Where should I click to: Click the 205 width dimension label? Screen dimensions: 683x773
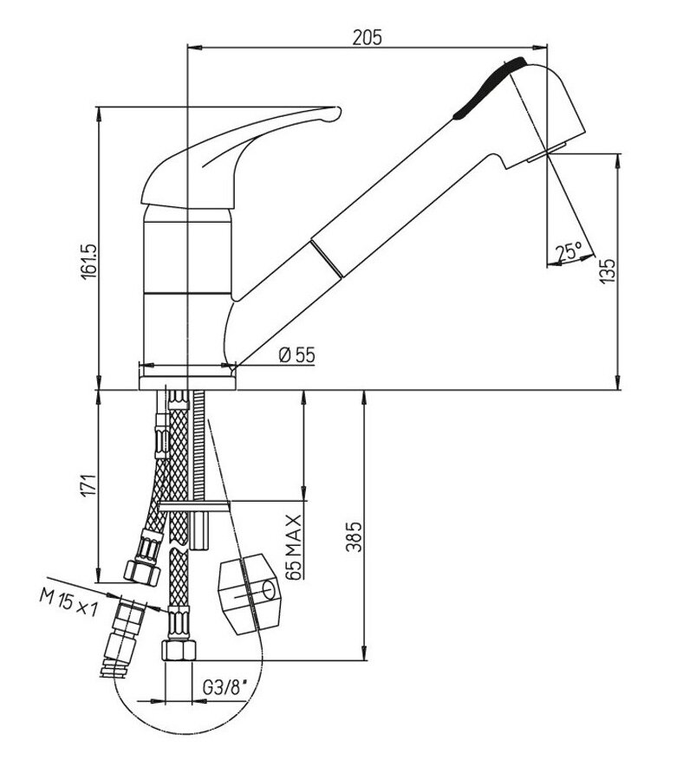[367, 37]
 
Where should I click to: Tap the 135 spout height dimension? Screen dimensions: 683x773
[608, 270]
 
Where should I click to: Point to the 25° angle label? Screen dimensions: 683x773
[569, 252]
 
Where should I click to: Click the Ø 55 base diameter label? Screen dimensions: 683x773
[296, 355]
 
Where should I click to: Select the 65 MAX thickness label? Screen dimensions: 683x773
[293, 547]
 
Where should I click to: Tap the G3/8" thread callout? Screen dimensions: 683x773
[224, 688]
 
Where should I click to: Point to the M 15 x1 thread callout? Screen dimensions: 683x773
[68, 604]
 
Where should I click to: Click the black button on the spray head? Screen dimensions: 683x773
[489, 87]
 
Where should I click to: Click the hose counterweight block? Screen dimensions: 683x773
[249, 594]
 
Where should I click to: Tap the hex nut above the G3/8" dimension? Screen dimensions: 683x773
[179, 650]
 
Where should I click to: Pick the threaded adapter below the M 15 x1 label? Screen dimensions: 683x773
[120, 637]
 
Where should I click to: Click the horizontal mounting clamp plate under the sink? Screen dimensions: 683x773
[195, 506]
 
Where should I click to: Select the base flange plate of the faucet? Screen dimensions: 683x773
[187, 383]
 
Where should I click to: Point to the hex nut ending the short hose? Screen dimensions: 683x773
[142, 571]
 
